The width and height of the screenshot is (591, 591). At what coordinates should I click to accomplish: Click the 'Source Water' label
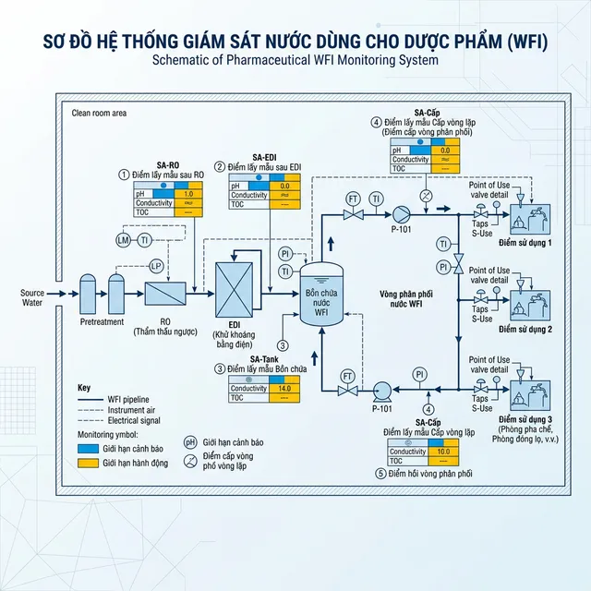(32, 298)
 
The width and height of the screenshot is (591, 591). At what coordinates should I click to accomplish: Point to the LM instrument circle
(123, 240)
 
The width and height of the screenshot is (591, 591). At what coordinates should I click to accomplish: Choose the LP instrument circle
(156, 266)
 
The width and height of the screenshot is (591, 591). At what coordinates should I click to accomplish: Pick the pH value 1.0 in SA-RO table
(188, 194)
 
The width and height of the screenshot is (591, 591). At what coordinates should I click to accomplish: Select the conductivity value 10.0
(443, 452)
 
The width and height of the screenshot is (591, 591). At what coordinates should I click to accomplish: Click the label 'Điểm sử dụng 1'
(525, 243)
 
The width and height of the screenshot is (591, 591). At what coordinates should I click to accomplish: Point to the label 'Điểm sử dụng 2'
(525, 329)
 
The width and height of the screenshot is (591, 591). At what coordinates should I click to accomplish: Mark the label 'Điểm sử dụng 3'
(525, 420)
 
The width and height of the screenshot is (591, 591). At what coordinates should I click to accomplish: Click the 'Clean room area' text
(99, 114)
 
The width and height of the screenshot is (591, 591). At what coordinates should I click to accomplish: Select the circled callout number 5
(380, 474)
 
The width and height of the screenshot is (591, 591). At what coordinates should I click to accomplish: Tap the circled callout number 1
(122, 174)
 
